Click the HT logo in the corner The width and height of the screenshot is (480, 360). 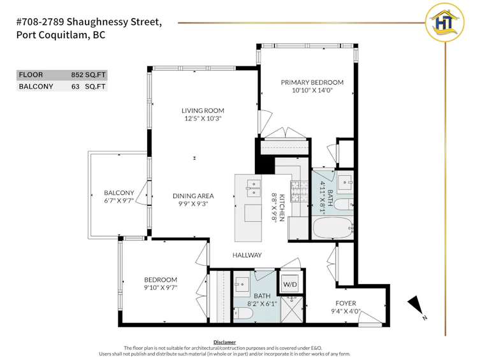(445, 22)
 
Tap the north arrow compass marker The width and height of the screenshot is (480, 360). (416, 305)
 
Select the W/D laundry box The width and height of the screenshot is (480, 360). (290, 284)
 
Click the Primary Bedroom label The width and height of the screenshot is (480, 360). (312, 82)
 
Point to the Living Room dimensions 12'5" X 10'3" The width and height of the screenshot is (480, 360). (203, 119)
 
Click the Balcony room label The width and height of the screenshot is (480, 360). (119, 192)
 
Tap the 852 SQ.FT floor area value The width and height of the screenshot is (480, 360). (88, 75)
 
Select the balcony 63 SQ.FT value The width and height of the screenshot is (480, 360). (88, 87)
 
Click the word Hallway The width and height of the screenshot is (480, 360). (247, 255)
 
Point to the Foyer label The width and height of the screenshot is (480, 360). (346, 303)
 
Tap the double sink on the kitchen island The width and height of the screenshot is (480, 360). (254, 188)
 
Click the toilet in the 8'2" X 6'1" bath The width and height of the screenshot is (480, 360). (244, 313)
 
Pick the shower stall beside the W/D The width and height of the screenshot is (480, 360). (292, 308)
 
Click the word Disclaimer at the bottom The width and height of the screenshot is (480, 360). (224, 342)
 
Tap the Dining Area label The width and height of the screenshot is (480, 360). (193, 196)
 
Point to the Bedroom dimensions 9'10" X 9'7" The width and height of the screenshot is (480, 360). (161, 287)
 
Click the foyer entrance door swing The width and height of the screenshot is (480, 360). (370, 318)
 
